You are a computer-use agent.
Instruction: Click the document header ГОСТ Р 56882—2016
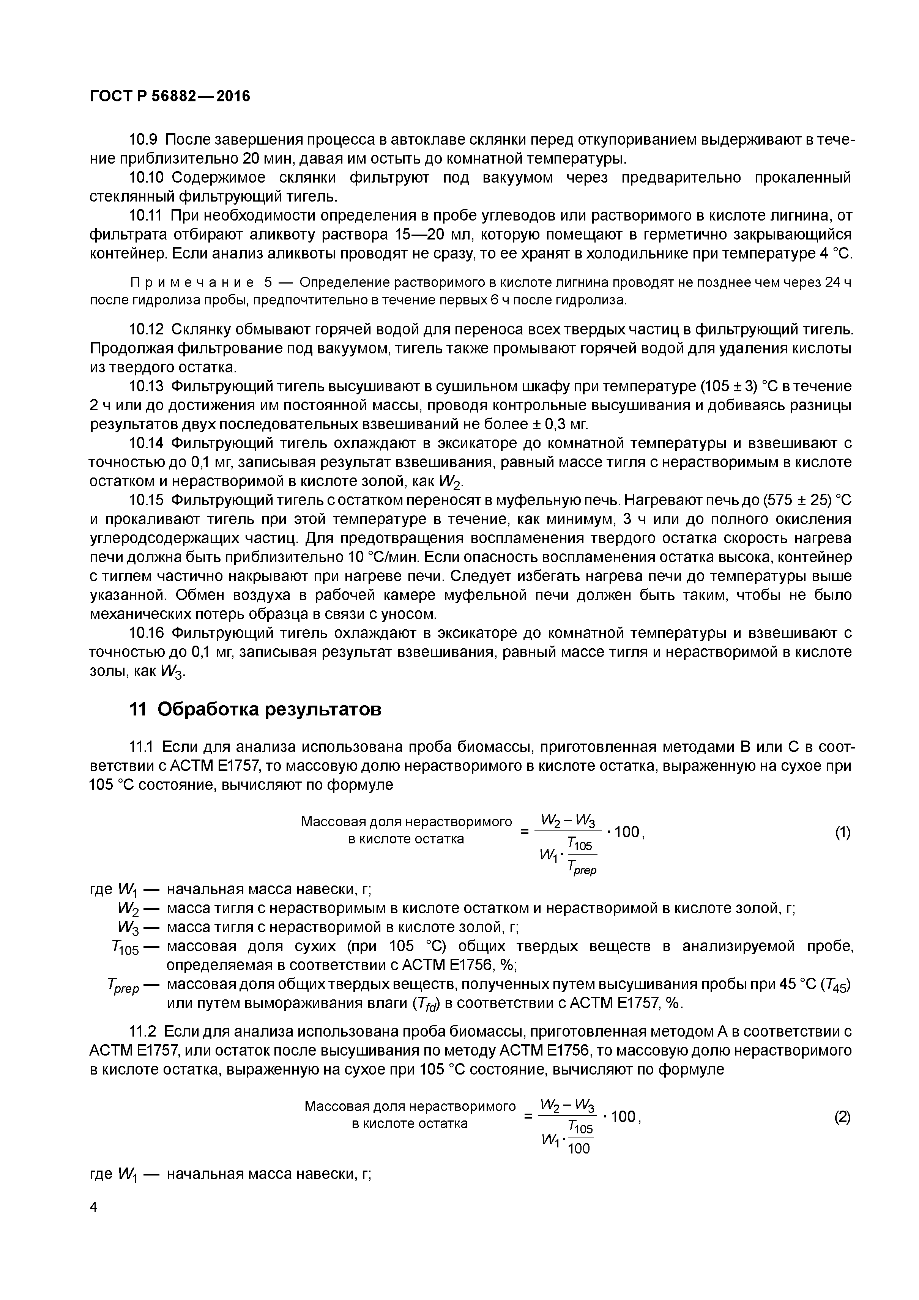169,97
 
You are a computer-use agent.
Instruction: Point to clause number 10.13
146,387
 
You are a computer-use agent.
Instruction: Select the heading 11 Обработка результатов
255,709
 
